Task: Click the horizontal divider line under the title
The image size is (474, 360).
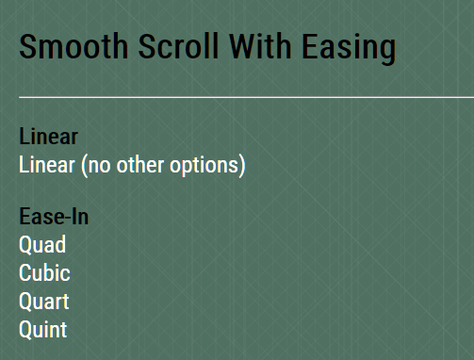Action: (x=245, y=97)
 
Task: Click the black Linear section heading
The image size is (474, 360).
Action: (x=48, y=138)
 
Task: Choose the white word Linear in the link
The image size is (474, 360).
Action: (x=48, y=166)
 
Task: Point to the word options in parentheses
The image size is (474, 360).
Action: (x=207, y=167)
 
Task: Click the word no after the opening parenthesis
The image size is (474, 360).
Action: (x=98, y=167)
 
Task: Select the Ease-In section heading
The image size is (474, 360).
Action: (x=55, y=218)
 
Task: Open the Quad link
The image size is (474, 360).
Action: (x=42, y=245)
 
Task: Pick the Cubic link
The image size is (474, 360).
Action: (x=44, y=273)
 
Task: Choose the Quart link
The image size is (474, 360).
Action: (x=44, y=302)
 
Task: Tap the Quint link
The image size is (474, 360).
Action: (x=43, y=330)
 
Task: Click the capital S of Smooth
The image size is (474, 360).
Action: (x=28, y=47)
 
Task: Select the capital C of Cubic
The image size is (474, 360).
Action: (x=25, y=273)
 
